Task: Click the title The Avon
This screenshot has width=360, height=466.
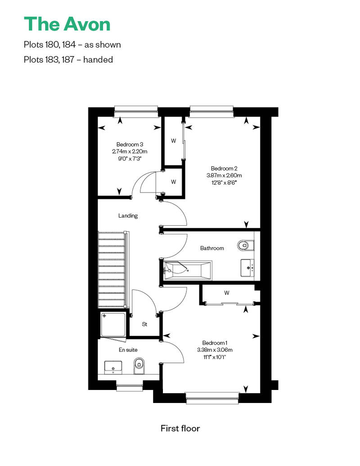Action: coord(67,24)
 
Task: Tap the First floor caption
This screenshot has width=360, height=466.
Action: coord(180,428)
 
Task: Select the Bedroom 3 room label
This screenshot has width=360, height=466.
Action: coord(130,144)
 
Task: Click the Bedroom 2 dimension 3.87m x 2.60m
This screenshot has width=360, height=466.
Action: coord(224,175)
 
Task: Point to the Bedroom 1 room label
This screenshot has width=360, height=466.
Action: coord(215,343)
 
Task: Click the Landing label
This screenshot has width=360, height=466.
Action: coord(128,215)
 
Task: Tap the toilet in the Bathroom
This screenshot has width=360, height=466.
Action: coord(246,245)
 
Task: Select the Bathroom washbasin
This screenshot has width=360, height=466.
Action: coord(247,268)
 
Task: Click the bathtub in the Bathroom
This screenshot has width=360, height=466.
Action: coord(188,270)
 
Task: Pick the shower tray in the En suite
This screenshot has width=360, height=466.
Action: coord(113,325)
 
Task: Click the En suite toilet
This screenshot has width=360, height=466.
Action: coord(139,366)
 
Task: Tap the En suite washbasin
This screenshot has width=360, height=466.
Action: coord(113,367)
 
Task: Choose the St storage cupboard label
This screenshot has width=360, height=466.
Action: coord(144,324)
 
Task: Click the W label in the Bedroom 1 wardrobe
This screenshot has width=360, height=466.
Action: coord(227,293)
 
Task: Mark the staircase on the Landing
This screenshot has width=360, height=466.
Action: coord(113,269)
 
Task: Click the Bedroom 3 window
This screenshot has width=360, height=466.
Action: coord(136,109)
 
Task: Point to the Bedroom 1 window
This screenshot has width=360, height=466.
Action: coord(212,398)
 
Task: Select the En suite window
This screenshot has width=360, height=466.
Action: coord(130,387)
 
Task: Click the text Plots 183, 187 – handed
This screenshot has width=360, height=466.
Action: coord(68,59)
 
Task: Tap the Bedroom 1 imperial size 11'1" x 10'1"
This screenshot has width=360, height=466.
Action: coord(215,357)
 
